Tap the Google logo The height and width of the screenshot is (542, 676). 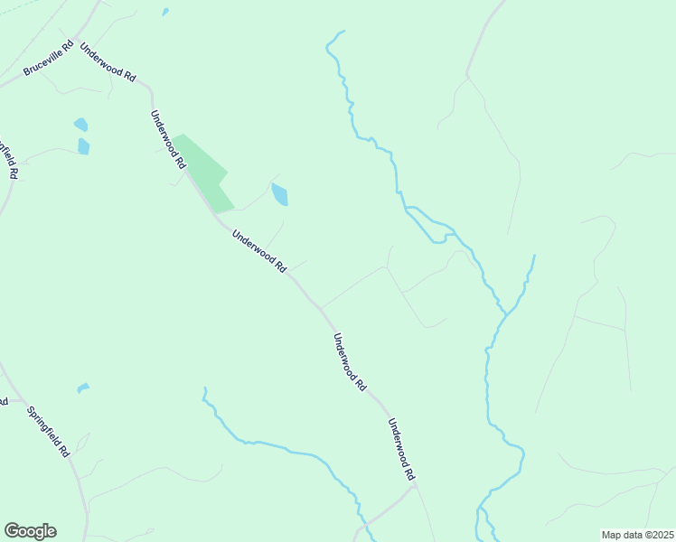(30, 531)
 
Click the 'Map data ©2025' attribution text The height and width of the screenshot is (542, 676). (637, 534)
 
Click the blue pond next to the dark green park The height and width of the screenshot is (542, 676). (280, 194)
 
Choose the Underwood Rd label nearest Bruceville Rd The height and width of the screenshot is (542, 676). (108, 63)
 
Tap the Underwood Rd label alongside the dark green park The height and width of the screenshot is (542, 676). (169, 139)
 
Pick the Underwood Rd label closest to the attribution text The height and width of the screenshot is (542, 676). (401, 449)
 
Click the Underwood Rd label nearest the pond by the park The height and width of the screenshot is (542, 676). (259, 251)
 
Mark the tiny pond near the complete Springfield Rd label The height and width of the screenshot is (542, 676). (83, 388)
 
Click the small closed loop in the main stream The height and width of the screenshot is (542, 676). (439, 239)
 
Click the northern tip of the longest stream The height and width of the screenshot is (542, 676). (343, 33)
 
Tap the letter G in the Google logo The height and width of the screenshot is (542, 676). (12, 531)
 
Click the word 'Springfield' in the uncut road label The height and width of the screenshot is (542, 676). (44, 425)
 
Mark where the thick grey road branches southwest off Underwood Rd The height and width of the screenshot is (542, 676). (412, 488)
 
